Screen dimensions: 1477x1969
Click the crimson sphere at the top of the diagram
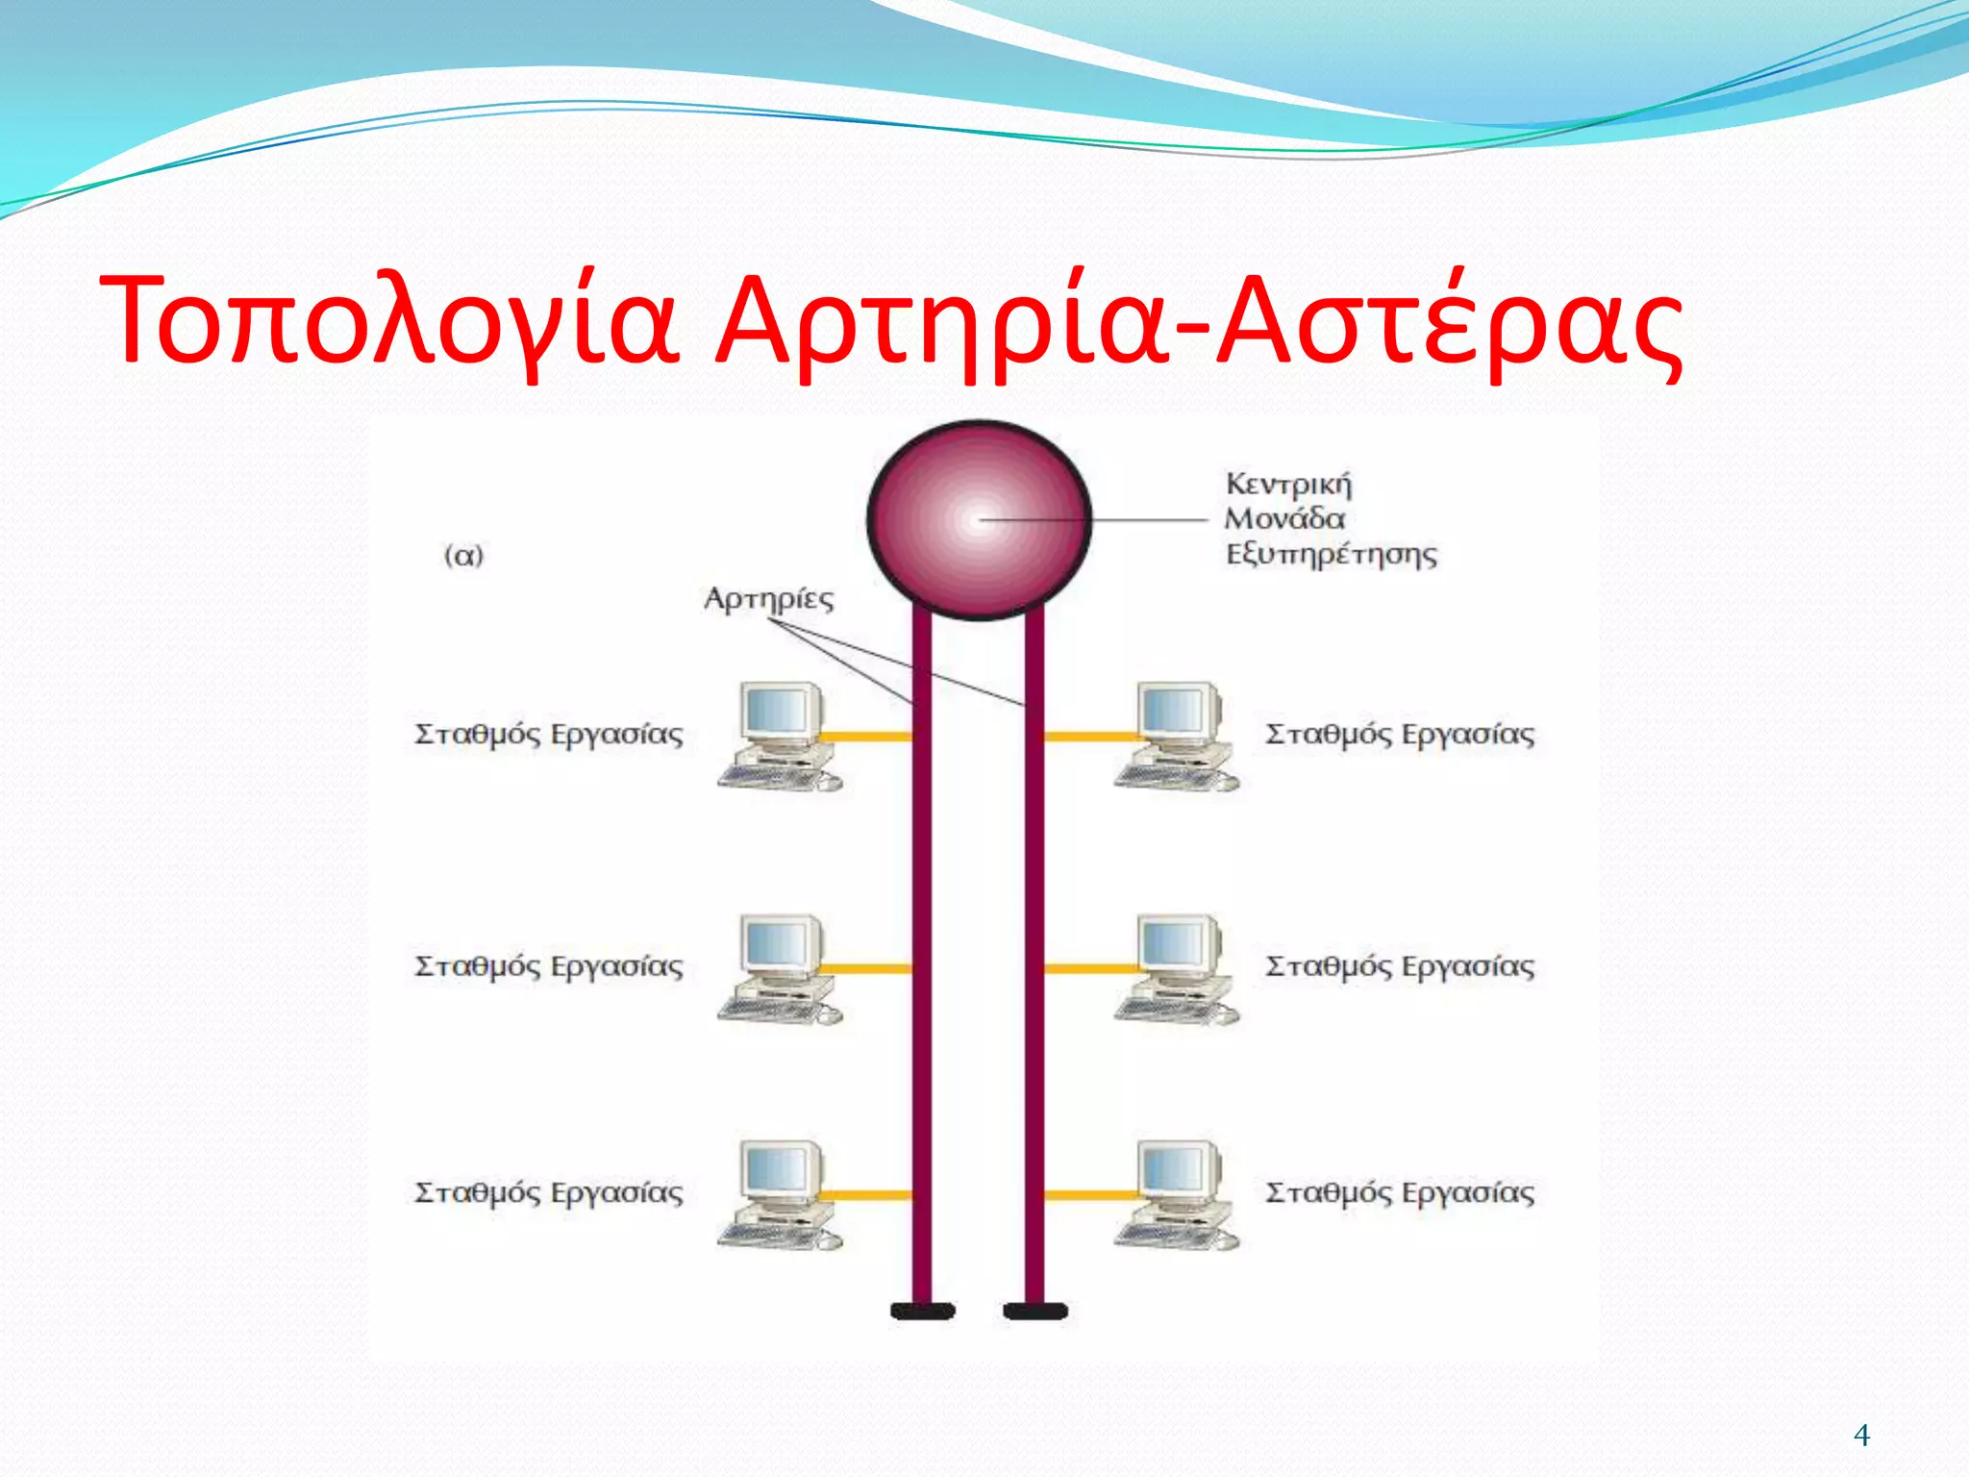pyautogui.click(x=979, y=520)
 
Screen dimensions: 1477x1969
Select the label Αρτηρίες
pyautogui.click(x=768, y=599)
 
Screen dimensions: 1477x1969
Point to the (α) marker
pyautogui.click(x=463, y=556)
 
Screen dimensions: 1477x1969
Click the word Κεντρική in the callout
pyautogui.click(x=1288, y=484)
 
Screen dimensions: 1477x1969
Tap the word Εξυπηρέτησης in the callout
pyautogui.click(x=1332, y=555)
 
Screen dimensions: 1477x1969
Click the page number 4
pyautogui.click(x=1861, y=1436)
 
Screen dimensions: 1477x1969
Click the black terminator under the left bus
pyautogui.click(x=922, y=1311)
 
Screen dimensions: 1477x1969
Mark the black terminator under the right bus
pyautogui.click(x=1035, y=1311)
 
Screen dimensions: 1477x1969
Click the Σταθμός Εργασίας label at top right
pyautogui.click(x=1400, y=735)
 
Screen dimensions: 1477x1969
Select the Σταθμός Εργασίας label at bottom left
pyautogui.click(x=549, y=1193)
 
